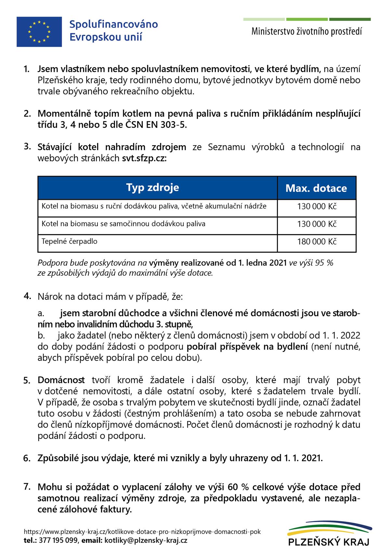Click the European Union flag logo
[x=39, y=32]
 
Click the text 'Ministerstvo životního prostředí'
[x=306, y=32]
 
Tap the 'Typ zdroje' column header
[x=152, y=187]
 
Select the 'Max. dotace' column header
[x=316, y=188]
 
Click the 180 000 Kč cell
[x=317, y=242]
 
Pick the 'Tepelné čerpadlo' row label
[x=70, y=241]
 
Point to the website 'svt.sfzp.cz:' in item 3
[x=144, y=158]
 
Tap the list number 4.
[x=27, y=296]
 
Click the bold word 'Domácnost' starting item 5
[x=61, y=380]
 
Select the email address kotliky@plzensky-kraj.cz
[x=146, y=540]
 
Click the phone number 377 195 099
[x=58, y=540]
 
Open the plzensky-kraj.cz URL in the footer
[x=142, y=532]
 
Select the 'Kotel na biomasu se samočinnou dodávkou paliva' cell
[x=123, y=224]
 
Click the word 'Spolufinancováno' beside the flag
[x=114, y=24]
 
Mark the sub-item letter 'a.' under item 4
[x=41, y=314]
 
